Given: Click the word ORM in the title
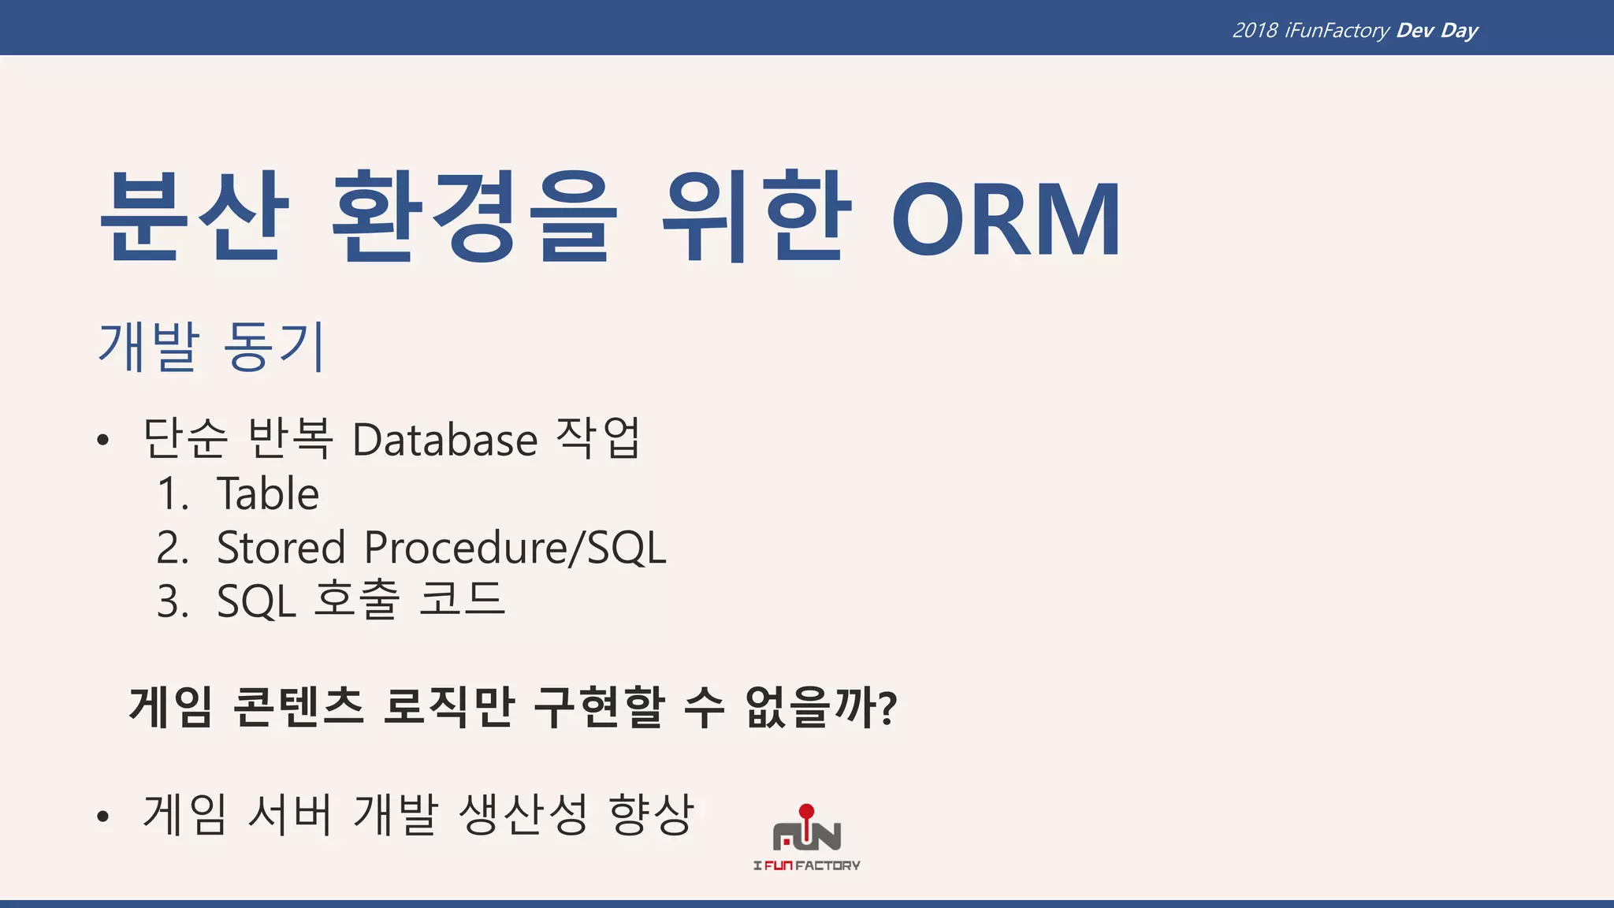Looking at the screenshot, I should [x=1006, y=219].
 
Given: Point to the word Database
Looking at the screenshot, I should [x=444, y=440].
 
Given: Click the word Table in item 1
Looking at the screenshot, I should [x=268, y=494].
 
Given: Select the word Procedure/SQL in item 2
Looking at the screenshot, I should [x=515, y=548].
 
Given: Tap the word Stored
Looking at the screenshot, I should [x=281, y=548].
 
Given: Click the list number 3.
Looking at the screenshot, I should [x=173, y=602].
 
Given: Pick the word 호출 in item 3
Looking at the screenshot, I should [x=357, y=601].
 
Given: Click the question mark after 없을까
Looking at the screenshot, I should [x=888, y=708].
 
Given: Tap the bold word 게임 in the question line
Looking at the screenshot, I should [x=171, y=706].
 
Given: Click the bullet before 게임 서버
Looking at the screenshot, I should [x=102, y=817].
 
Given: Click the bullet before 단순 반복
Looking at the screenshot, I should [x=102, y=441].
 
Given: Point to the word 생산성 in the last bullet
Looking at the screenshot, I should [x=523, y=814].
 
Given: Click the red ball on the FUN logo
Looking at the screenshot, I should [x=806, y=811].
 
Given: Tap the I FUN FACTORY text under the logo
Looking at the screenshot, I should [x=806, y=865].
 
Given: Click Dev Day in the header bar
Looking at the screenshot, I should [x=1437, y=31].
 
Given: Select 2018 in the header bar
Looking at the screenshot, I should [x=1255, y=31].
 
